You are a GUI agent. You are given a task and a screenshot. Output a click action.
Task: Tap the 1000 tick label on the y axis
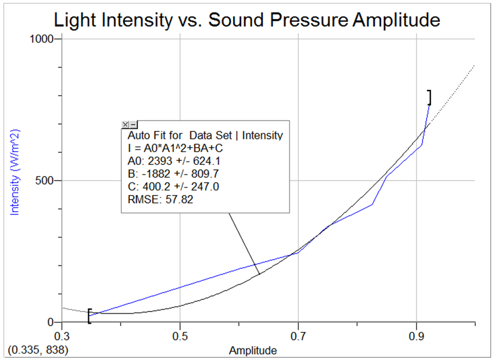[x=42, y=39]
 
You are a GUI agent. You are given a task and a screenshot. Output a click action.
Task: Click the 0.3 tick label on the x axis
[x=62, y=335]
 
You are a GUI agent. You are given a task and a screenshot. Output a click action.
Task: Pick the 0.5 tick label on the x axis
[x=180, y=335]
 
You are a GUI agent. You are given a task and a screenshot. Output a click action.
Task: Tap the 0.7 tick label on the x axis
[x=298, y=335]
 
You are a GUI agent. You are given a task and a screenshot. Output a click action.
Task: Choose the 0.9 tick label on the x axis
[x=416, y=335]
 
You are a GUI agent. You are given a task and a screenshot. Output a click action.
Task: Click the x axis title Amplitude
[x=253, y=350]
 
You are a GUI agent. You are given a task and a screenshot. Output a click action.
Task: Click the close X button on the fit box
[x=125, y=125]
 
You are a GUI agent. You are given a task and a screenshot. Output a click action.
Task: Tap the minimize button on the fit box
[x=133, y=125]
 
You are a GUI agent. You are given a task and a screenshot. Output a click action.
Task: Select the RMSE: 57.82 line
[x=160, y=200]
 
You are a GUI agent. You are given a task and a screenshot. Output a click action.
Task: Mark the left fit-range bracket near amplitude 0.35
[x=89, y=316]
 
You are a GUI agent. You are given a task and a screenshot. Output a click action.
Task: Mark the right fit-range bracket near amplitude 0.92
[x=429, y=97]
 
